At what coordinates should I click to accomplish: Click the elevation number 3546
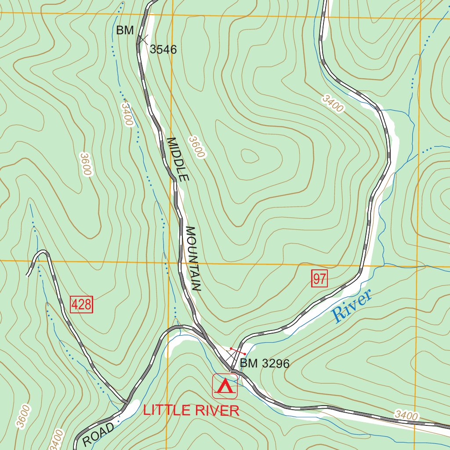click(163, 50)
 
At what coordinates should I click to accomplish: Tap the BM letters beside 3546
click(125, 30)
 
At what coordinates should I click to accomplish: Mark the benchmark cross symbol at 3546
click(142, 39)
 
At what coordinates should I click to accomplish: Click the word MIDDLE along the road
click(177, 160)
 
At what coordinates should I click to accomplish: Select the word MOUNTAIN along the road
click(193, 259)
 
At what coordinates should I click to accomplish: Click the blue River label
click(352, 305)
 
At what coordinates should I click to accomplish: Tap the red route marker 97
click(319, 279)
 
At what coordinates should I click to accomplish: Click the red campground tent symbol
click(225, 386)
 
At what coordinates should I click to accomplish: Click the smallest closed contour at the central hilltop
click(250, 156)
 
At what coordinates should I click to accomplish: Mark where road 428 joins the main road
click(126, 401)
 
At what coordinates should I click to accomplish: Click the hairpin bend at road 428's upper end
click(42, 253)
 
